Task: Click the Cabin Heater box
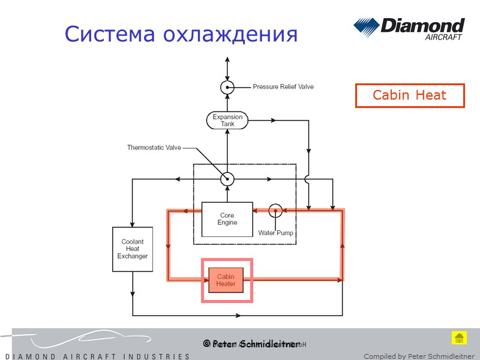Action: [226, 280]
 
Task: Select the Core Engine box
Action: [227, 219]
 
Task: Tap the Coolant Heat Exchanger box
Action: [131, 249]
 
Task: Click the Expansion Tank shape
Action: [227, 121]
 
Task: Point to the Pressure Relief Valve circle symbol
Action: [227, 87]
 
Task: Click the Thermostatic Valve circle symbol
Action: [227, 179]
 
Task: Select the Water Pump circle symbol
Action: [275, 211]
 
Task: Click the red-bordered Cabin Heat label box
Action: [410, 95]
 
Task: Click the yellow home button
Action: [459, 338]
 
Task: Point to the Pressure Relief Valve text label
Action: [283, 87]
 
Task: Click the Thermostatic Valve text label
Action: [154, 148]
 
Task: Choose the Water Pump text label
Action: [275, 233]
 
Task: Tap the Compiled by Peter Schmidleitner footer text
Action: [419, 356]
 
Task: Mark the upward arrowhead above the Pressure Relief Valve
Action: [227, 61]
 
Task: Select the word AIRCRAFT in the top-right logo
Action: [443, 37]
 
